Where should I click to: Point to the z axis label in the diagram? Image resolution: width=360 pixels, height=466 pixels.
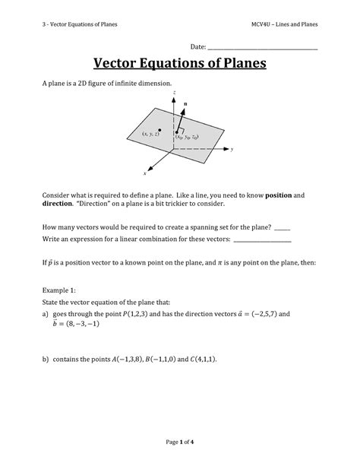pyautogui.click(x=175, y=92)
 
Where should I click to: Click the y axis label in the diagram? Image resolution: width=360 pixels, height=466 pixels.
pyautogui.click(x=232, y=150)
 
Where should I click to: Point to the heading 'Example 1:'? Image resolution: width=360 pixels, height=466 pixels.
pyautogui.click(x=60, y=290)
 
